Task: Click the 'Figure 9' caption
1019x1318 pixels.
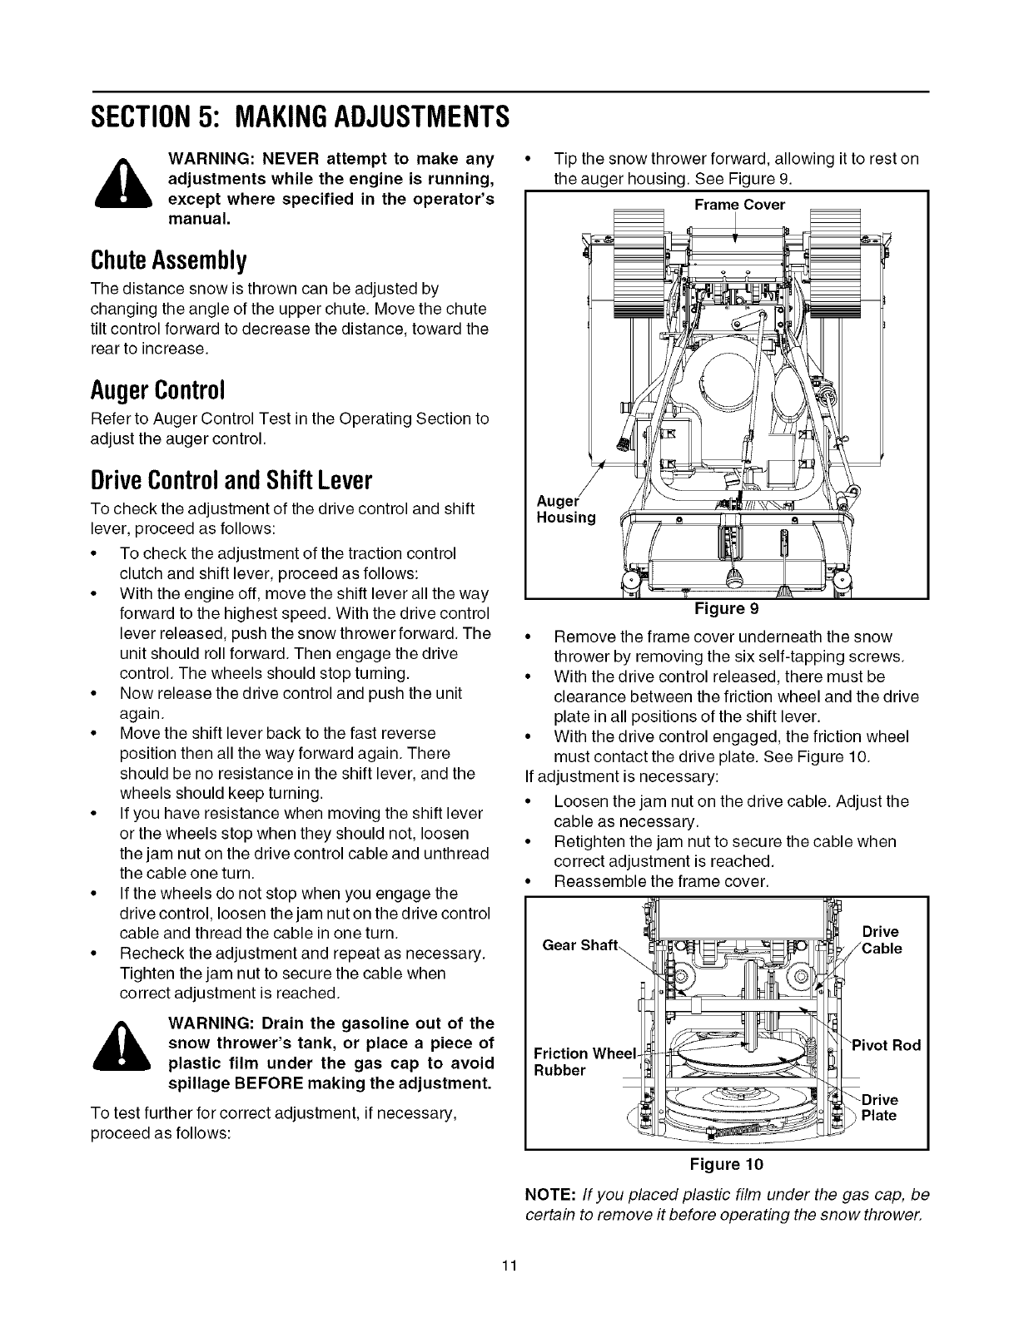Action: [x=727, y=608]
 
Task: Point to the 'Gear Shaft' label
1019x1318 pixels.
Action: [x=580, y=944]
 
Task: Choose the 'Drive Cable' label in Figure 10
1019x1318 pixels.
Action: [x=881, y=940]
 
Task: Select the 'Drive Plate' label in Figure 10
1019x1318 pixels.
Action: [x=879, y=1107]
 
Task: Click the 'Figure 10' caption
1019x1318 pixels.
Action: [x=727, y=1162]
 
